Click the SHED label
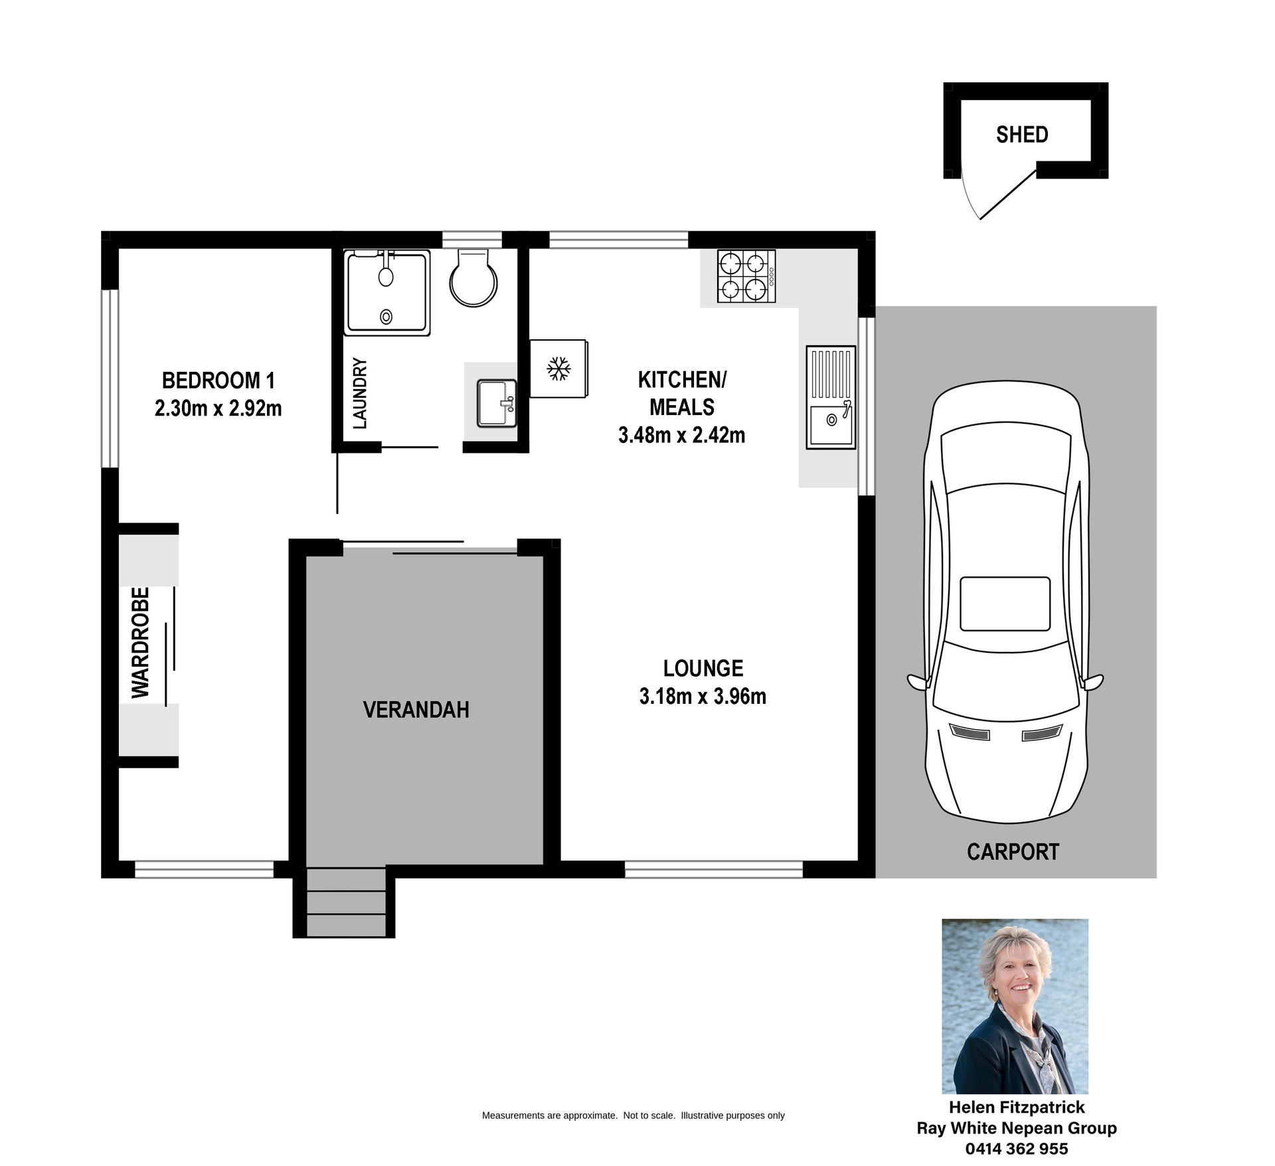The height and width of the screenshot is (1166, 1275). pyautogui.click(x=1022, y=135)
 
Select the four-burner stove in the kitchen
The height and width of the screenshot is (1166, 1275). pyautogui.click(x=746, y=276)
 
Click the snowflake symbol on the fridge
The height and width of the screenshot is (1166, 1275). pyautogui.click(x=558, y=369)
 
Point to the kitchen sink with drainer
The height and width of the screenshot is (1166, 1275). pyautogui.click(x=831, y=397)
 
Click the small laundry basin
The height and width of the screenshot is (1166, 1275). pyautogui.click(x=496, y=402)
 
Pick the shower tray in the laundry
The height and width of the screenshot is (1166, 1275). pyautogui.click(x=387, y=293)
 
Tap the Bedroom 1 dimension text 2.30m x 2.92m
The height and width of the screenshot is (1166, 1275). pyautogui.click(x=218, y=408)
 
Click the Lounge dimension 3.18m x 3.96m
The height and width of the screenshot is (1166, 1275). pyautogui.click(x=703, y=696)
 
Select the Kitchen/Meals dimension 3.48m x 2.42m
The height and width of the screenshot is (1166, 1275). pyautogui.click(x=681, y=435)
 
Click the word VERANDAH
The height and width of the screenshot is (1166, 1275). pyautogui.click(x=416, y=710)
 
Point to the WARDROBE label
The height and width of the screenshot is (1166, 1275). pyautogui.click(x=141, y=643)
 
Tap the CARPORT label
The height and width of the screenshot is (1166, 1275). pyautogui.click(x=1013, y=852)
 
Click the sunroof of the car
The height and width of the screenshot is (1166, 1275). pyautogui.click(x=1005, y=604)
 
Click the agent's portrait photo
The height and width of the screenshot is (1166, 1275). pyautogui.click(x=1015, y=1006)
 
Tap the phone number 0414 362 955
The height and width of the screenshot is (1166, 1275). pyautogui.click(x=1017, y=1149)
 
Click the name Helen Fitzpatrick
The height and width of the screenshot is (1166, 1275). pyautogui.click(x=1017, y=1108)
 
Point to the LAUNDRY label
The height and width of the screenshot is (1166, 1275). pyautogui.click(x=360, y=393)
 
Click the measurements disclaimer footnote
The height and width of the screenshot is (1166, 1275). pyautogui.click(x=634, y=1116)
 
